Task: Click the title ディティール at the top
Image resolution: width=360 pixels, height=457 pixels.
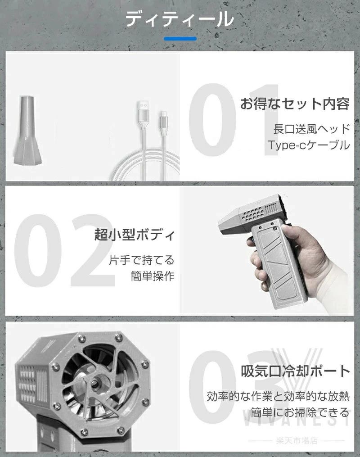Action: [x=180, y=19]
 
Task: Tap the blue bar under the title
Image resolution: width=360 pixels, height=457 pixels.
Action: [x=180, y=38]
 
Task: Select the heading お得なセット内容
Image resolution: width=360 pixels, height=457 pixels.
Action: [x=295, y=104]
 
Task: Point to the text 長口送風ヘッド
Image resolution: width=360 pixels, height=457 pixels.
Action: [x=311, y=129]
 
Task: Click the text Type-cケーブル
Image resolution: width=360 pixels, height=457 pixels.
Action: [x=309, y=145]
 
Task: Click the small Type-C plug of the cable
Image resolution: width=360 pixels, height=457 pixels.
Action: [x=164, y=118]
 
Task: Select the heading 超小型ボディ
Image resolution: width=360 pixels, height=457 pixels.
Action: [x=135, y=235]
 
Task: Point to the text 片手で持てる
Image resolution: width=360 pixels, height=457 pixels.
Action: [x=142, y=260]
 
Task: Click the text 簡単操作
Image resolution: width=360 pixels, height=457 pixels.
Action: [x=153, y=276]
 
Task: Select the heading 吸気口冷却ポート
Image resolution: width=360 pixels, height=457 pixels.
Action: [x=295, y=371]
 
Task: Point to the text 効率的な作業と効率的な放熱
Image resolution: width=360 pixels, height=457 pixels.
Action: [x=278, y=396]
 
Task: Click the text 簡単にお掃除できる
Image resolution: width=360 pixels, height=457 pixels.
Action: [x=300, y=412]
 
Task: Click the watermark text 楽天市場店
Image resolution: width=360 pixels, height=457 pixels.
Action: [x=297, y=440]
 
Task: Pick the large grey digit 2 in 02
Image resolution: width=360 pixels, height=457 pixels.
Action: [x=93, y=251]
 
